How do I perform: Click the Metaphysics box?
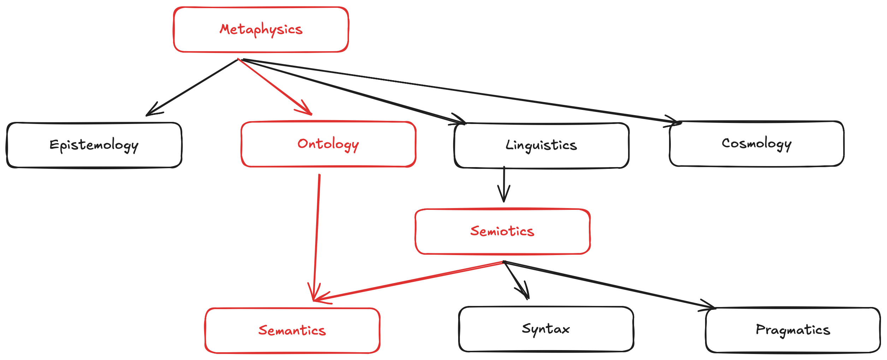261,30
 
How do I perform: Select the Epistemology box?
94,145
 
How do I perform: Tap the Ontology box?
328,144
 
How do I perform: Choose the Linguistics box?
541,145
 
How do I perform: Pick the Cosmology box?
756,143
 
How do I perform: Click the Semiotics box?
502,231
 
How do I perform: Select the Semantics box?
292,330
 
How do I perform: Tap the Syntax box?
546,329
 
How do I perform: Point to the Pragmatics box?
793,330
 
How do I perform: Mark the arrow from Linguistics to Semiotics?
504,184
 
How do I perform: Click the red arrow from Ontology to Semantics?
317,233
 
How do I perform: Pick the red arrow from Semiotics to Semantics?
406,282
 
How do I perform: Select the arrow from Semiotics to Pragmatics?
608,284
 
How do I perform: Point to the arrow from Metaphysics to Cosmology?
459,91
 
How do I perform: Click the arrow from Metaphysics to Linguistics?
353,91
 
